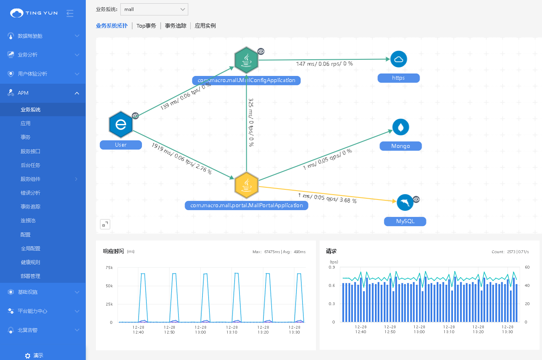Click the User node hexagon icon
tap(121, 124)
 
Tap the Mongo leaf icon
tap(401, 128)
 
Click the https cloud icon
tap(398, 60)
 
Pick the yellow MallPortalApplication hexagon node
tap(246, 185)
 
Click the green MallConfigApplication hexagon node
tap(246, 61)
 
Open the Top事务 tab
tap(146, 26)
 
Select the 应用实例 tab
tap(205, 26)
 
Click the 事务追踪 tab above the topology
tap(176, 26)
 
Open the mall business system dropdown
tap(154, 9)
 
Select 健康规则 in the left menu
tap(30, 262)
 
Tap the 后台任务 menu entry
tap(30, 165)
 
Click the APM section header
tap(43, 93)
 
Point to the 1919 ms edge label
tap(181, 158)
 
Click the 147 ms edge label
tap(324, 64)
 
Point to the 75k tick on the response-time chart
tap(109, 268)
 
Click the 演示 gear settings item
tap(34, 356)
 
